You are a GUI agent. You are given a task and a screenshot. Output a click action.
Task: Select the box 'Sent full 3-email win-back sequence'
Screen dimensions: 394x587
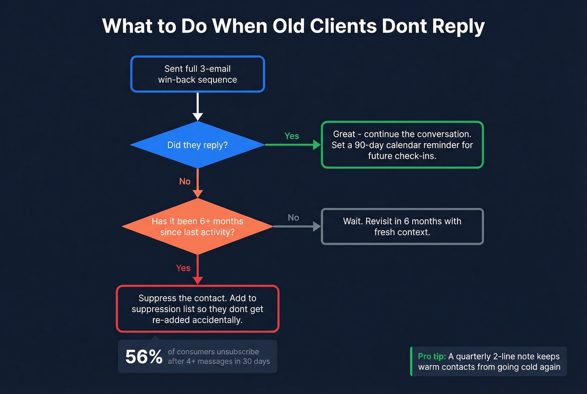pyautogui.click(x=197, y=74)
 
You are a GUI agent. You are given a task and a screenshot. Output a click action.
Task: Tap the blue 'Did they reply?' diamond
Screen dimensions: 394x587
pyautogui.click(x=197, y=145)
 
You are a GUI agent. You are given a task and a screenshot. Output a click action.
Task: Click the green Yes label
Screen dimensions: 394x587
pyautogui.click(x=291, y=136)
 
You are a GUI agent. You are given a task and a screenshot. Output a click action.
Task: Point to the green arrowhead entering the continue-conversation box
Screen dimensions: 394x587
pyautogui.click(x=317, y=145)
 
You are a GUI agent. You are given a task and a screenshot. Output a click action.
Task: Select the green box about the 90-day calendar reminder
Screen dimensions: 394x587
pyautogui.click(x=402, y=145)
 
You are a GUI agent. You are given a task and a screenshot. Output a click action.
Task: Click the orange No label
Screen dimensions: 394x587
pyautogui.click(x=184, y=181)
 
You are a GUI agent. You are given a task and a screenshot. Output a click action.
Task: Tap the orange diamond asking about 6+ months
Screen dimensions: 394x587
pyautogui.click(x=197, y=227)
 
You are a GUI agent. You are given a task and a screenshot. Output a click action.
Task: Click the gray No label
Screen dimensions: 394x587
pyautogui.click(x=293, y=217)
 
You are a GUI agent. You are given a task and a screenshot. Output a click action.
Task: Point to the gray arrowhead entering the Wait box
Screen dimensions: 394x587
pyautogui.click(x=317, y=227)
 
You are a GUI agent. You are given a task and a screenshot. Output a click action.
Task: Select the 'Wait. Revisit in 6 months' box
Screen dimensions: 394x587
pyautogui.click(x=402, y=227)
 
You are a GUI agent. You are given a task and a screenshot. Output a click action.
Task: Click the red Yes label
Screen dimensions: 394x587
pyautogui.click(x=183, y=268)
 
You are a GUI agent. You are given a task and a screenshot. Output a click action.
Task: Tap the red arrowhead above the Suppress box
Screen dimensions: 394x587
pyautogui.click(x=197, y=280)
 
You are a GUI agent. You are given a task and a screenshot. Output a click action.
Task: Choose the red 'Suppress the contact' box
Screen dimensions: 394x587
pyautogui.click(x=197, y=309)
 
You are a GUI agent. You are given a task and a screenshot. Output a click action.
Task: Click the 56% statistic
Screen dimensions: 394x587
pyautogui.click(x=144, y=357)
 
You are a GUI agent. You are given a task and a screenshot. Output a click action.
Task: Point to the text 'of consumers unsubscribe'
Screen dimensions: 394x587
pyautogui.click(x=213, y=352)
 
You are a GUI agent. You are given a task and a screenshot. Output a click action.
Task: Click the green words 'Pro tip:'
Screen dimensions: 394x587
pyautogui.click(x=431, y=356)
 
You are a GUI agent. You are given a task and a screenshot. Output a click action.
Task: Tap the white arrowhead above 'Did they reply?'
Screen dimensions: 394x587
pyautogui.click(x=197, y=116)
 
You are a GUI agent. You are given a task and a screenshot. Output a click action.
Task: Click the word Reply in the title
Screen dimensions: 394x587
pyautogui.click(x=458, y=26)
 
